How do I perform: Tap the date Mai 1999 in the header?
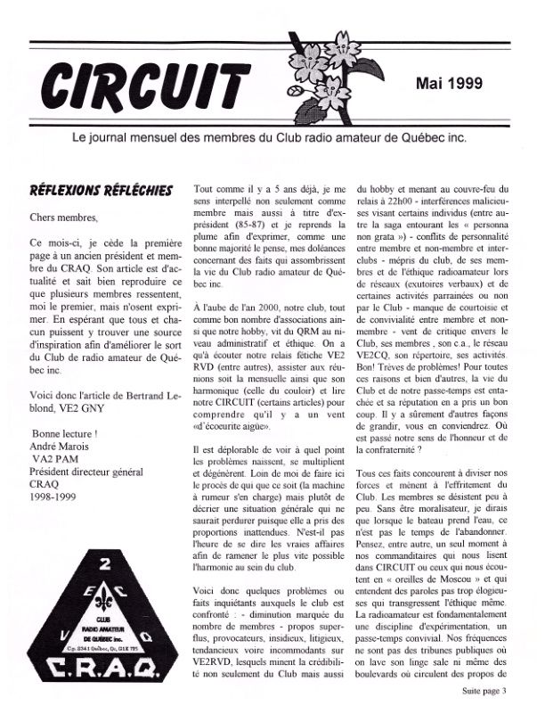(450, 84)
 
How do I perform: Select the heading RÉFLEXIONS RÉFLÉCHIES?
(102, 191)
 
